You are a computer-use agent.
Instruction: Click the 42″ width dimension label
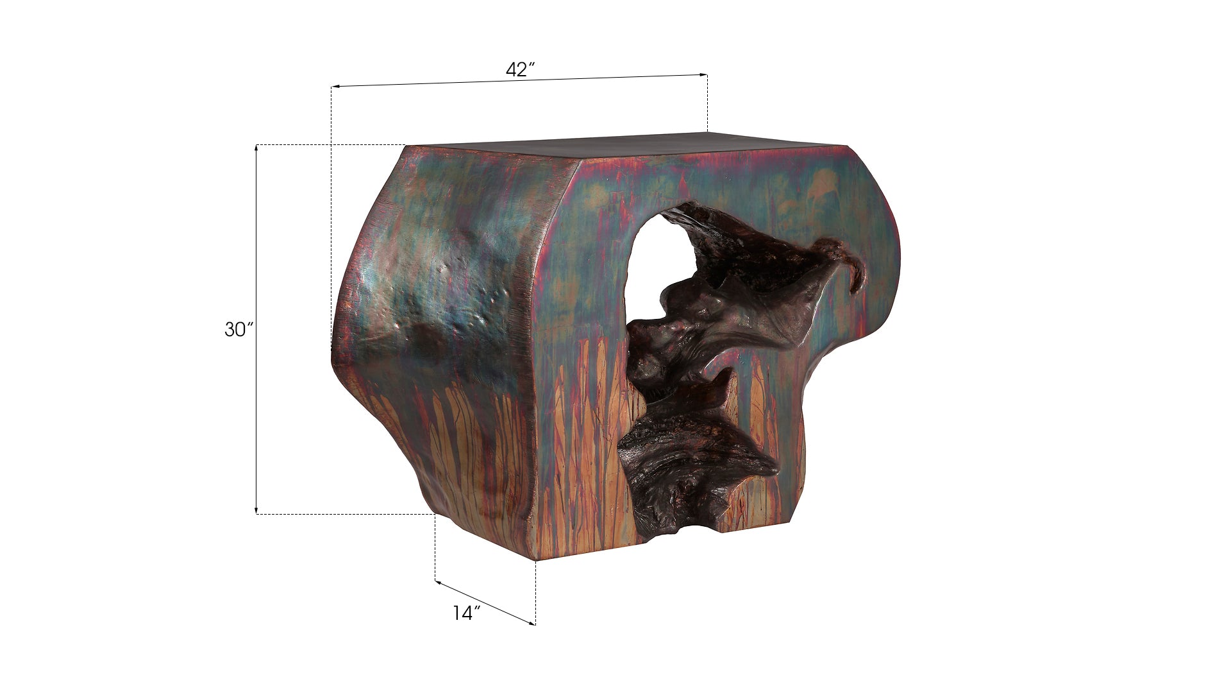pos(520,69)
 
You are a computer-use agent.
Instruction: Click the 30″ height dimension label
pos(239,330)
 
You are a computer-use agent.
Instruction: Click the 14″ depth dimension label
pos(466,613)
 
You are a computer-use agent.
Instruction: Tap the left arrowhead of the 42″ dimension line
pos(335,87)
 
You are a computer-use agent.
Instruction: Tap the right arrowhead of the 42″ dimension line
pos(703,75)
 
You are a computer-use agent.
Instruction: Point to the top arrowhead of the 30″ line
pos(256,149)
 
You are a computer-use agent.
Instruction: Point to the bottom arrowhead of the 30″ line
pos(256,509)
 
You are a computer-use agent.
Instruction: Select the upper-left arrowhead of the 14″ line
pos(439,583)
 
